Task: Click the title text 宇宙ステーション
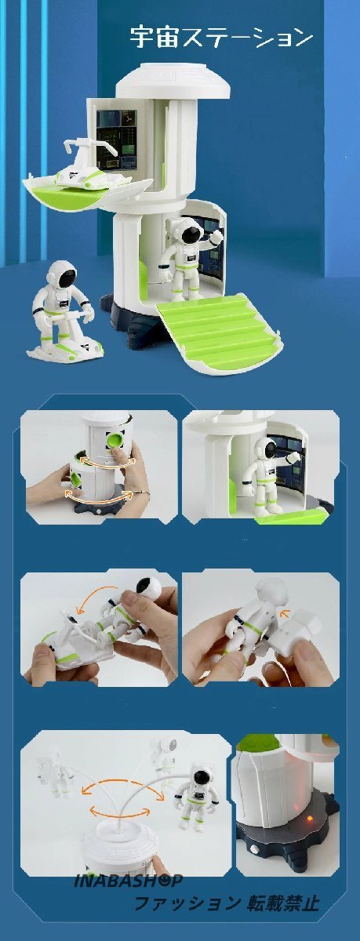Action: [x=221, y=38]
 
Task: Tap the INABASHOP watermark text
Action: [x=128, y=880]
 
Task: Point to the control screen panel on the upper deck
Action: [x=117, y=140]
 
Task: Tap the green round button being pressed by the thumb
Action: [x=115, y=442]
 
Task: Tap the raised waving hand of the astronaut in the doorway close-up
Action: [x=296, y=457]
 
